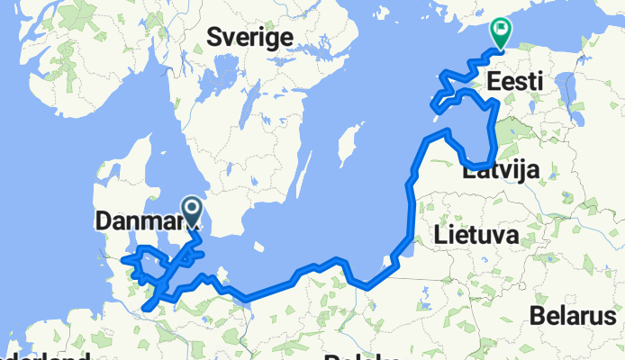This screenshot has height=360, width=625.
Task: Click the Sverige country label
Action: pos(250,37)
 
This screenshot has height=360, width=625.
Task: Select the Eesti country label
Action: pos(514,82)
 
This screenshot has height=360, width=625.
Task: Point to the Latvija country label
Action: pos(501,171)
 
